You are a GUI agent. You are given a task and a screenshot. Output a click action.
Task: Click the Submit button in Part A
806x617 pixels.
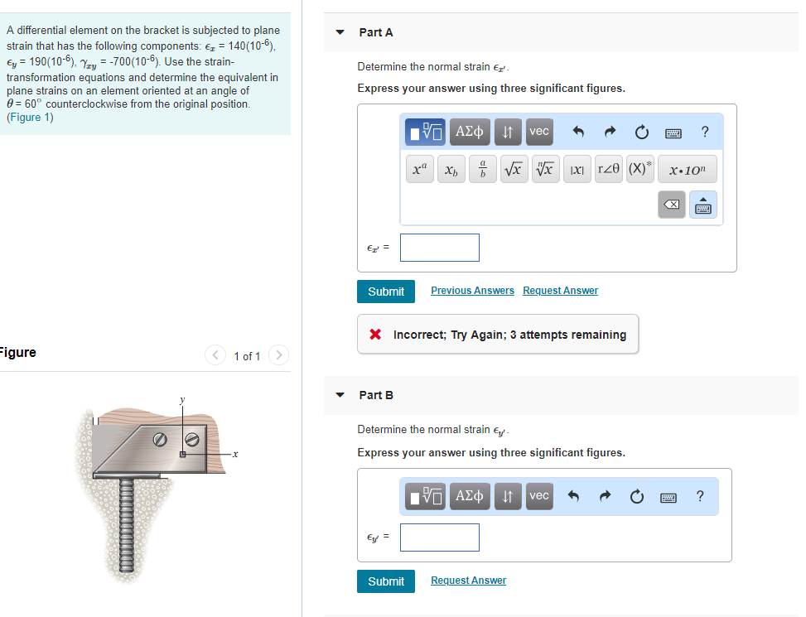coord(386,292)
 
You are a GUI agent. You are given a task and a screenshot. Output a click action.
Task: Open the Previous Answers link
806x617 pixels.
coord(472,291)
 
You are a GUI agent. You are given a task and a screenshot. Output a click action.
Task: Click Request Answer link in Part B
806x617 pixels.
coord(468,581)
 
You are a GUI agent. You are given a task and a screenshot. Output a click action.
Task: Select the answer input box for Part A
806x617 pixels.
coord(439,248)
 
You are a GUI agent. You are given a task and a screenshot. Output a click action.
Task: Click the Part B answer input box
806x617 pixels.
coord(439,537)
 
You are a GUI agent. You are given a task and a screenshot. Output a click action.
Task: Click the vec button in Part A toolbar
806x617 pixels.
coord(539,132)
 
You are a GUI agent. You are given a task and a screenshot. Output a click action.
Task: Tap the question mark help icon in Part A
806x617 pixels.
coord(704,132)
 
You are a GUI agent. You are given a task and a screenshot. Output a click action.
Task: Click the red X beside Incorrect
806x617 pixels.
coord(375,335)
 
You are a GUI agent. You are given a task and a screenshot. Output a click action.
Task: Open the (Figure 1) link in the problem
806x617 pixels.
coord(30,118)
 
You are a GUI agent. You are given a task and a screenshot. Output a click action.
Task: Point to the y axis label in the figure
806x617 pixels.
coord(182,400)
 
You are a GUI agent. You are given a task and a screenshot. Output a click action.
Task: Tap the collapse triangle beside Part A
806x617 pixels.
coord(340,33)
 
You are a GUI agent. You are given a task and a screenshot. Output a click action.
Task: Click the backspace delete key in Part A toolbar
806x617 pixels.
coord(673,205)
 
